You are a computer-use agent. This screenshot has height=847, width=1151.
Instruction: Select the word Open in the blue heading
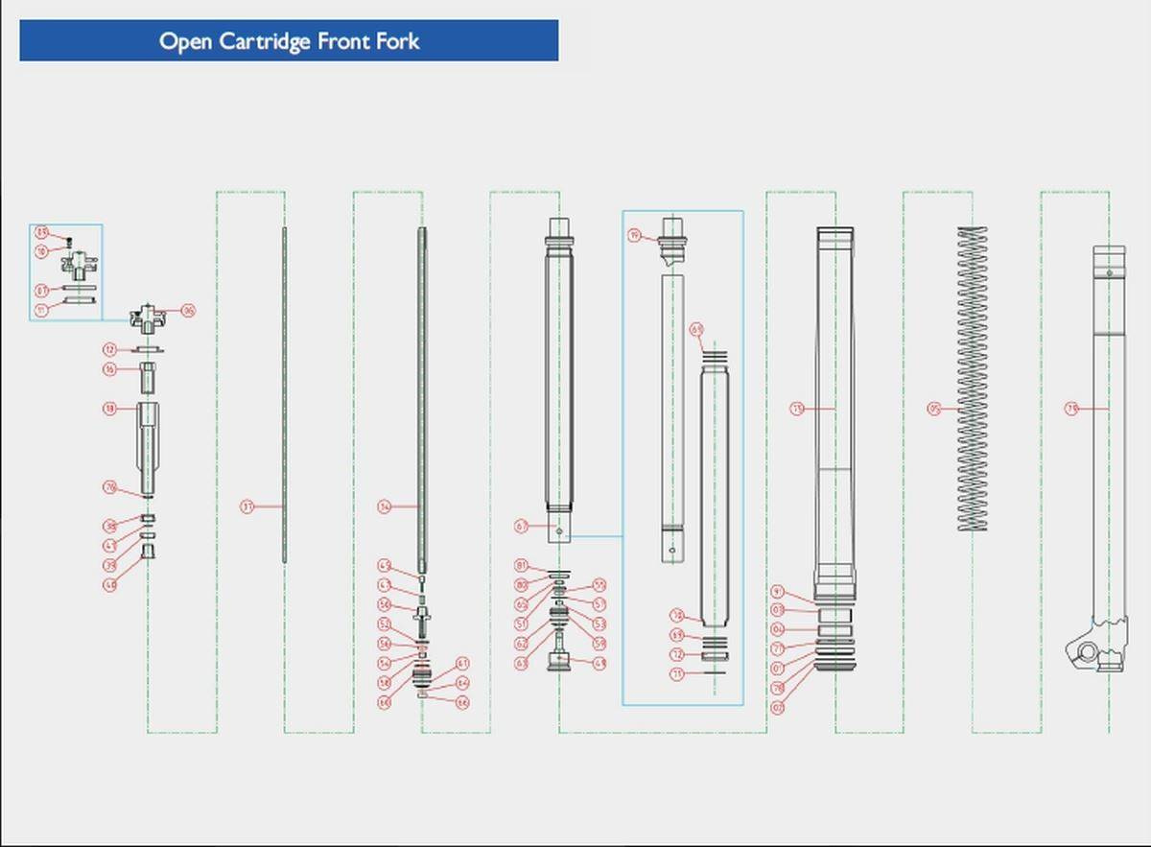point(185,42)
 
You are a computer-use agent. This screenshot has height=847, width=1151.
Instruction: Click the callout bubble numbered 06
point(189,311)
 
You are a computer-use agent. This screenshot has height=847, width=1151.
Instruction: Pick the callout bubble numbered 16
point(110,369)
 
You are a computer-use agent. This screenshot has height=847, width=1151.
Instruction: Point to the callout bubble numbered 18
point(110,409)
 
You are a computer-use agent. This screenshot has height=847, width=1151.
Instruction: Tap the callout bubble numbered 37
point(247,506)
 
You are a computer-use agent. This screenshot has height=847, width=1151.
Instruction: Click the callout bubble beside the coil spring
point(933,409)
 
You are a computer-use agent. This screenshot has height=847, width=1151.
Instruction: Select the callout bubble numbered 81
point(522,566)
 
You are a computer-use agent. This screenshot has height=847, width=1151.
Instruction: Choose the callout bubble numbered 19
point(634,235)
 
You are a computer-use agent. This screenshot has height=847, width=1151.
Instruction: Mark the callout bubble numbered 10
point(42,251)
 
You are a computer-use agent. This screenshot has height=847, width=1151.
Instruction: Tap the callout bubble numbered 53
point(599,623)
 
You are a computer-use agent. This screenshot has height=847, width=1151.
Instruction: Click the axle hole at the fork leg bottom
point(1087,652)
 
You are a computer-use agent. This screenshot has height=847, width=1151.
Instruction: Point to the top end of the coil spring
point(972,230)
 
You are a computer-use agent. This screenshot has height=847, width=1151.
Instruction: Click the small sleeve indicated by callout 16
point(149,377)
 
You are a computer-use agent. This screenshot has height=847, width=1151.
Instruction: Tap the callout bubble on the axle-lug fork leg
point(1071,409)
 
